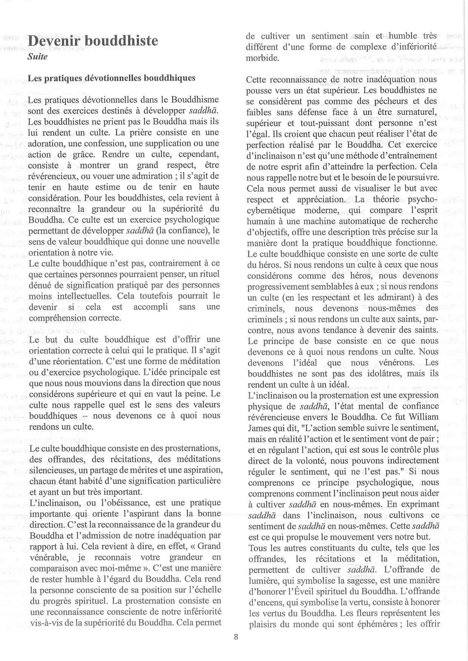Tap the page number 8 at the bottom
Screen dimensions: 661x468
coord(236,637)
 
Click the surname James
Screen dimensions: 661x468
coord(259,428)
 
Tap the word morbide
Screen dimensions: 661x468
coord(263,58)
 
